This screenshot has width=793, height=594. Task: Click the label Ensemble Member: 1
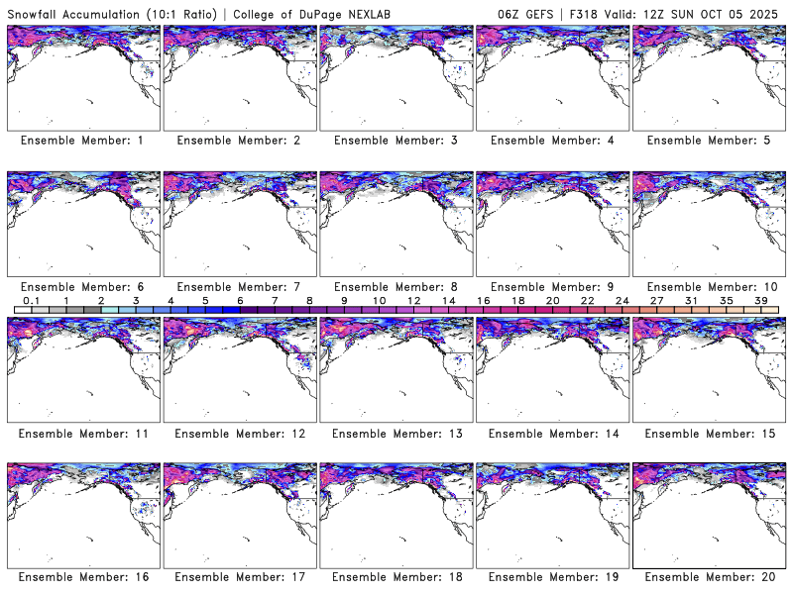coord(82,141)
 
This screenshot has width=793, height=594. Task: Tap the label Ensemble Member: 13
coord(396,432)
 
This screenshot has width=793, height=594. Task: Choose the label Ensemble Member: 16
coord(82,576)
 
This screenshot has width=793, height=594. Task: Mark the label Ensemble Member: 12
coord(239,432)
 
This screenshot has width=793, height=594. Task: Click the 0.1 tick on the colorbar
coord(31,300)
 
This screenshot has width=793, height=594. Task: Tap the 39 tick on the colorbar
coord(762,300)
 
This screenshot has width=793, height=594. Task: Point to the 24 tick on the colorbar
coord(623,300)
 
